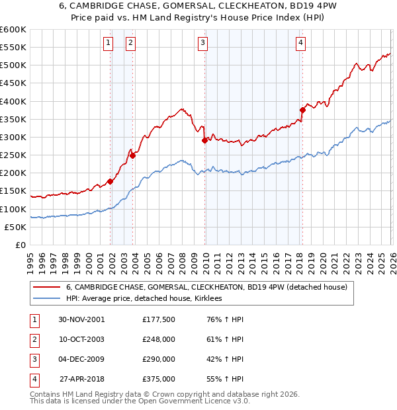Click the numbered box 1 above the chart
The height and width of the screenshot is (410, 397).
[108, 44]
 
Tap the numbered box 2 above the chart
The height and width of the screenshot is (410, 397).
[130, 44]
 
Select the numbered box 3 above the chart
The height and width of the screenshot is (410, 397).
[202, 44]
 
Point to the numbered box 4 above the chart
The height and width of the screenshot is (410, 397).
[300, 44]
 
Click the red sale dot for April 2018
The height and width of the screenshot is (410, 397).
[302, 110]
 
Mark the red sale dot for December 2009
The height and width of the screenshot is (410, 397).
[204, 140]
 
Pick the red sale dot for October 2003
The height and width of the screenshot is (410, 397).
[133, 155]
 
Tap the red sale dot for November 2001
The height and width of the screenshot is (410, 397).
[110, 181]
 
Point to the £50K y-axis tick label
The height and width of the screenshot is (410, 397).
[15, 227]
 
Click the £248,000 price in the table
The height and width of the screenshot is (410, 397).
[158, 339]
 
